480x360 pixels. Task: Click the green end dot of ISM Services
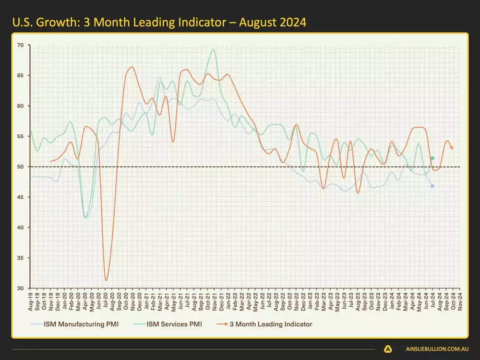click(x=432, y=158)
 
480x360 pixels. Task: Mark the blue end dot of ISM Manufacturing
click(x=432, y=186)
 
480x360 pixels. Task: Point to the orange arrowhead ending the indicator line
click(x=452, y=148)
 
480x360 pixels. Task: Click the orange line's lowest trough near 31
click(x=106, y=280)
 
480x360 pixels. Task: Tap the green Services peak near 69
click(x=213, y=49)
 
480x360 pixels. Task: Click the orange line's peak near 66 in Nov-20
click(x=132, y=67)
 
